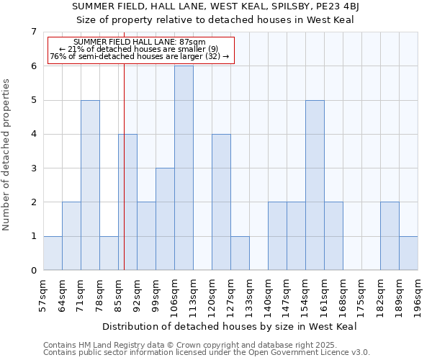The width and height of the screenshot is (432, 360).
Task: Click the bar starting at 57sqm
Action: (x=53, y=253)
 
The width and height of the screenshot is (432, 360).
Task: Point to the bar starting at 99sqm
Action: (x=165, y=219)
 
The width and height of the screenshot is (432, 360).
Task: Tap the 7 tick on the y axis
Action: (x=33, y=32)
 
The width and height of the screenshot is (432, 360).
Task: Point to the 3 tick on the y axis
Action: (x=33, y=168)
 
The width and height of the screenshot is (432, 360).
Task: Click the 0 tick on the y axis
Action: (x=33, y=271)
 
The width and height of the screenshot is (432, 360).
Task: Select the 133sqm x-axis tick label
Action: (x=249, y=295)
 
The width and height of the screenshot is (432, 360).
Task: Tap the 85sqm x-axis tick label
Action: (x=118, y=295)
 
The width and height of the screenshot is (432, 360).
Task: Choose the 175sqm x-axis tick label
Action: (x=361, y=295)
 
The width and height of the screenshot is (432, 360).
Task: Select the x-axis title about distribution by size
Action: (x=230, y=326)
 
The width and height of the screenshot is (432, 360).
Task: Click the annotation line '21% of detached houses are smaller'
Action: (x=139, y=49)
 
